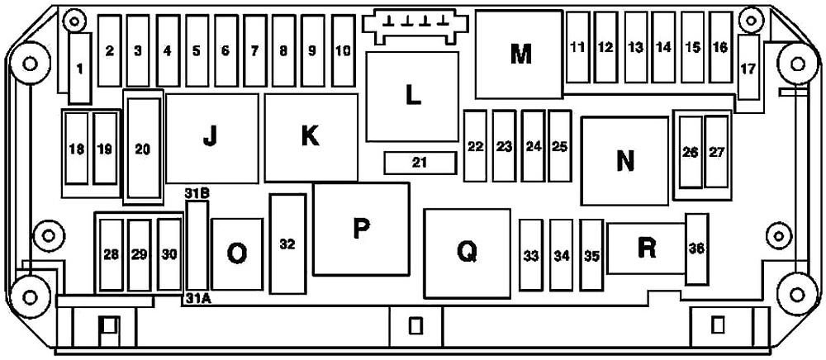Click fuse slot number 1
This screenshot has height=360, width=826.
tap(80, 69)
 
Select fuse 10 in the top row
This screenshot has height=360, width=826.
tap(344, 50)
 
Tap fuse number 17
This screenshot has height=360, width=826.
tap(748, 68)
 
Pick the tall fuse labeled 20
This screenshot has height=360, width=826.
tap(143, 149)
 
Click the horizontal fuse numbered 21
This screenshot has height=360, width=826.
tap(420, 163)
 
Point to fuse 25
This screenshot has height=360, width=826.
tap(559, 146)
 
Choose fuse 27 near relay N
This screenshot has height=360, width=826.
tap(716, 152)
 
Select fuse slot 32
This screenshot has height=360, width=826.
tap(287, 244)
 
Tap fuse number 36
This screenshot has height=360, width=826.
tap(696, 249)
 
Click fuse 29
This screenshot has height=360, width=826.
tap(139, 255)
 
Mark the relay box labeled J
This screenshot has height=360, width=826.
tap(211, 139)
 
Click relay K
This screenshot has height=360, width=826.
tap(311, 138)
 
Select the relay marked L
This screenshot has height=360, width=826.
tap(412, 97)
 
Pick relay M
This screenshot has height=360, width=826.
tap(520, 54)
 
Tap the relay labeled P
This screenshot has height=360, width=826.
tap(362, 229)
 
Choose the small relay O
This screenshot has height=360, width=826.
tap(237, 253)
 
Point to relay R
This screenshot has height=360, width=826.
tap(647, 249)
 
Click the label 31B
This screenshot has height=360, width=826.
tap(197, 193)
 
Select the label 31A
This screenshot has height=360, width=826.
tap(198, 299)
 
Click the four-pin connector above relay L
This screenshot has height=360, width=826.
tap(414, 26)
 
